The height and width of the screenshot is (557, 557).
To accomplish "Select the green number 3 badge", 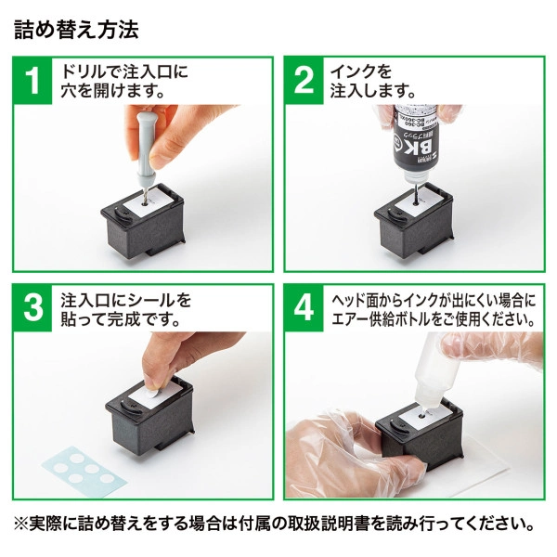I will (33, 308).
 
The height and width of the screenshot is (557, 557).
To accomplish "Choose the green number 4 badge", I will (305, 308).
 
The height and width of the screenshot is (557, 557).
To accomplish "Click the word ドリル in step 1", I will (80, 71).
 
